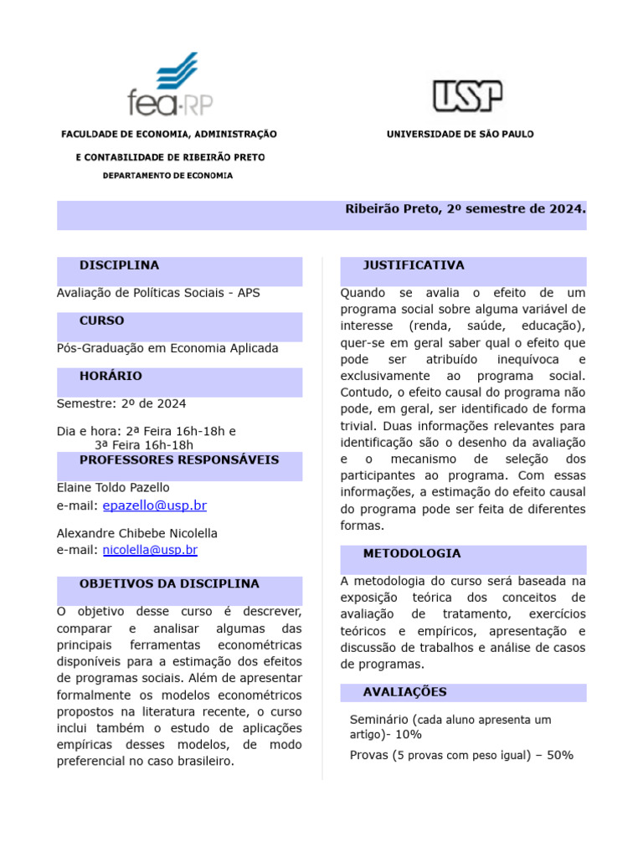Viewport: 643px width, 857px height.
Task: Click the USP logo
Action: click(x=467, y=95)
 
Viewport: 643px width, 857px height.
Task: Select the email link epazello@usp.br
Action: click(x=154, y=505)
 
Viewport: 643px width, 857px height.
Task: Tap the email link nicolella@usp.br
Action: click(x=150, y=550)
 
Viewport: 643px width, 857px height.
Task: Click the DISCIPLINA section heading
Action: click(x=119, y=265)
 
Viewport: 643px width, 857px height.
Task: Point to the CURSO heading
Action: click(x=101, y=321)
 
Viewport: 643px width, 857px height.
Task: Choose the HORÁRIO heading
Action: click(x=111, y=376)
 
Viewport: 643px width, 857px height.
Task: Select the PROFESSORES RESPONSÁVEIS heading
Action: click(x=179, y=459)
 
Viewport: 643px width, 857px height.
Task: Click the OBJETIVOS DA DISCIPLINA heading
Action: click(x=169, y=583)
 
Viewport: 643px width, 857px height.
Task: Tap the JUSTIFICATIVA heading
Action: click(x=413, y=265)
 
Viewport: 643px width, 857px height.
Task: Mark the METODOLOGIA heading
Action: click(x=411, y=553)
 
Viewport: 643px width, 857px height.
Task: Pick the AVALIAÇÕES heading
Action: click(x=404, y=692)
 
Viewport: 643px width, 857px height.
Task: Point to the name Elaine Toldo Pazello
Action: click(x=113, y=487)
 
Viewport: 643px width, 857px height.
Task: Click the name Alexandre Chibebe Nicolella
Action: click(x=136, y=533)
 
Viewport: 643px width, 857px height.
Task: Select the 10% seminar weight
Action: click(x=409, y=735)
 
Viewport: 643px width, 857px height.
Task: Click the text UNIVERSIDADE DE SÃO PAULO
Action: click(x=460, y=134)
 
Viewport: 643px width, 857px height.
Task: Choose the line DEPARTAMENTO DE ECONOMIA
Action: click(x=167, y=176)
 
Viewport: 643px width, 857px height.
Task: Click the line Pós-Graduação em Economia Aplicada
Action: click(x=167, y=348)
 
